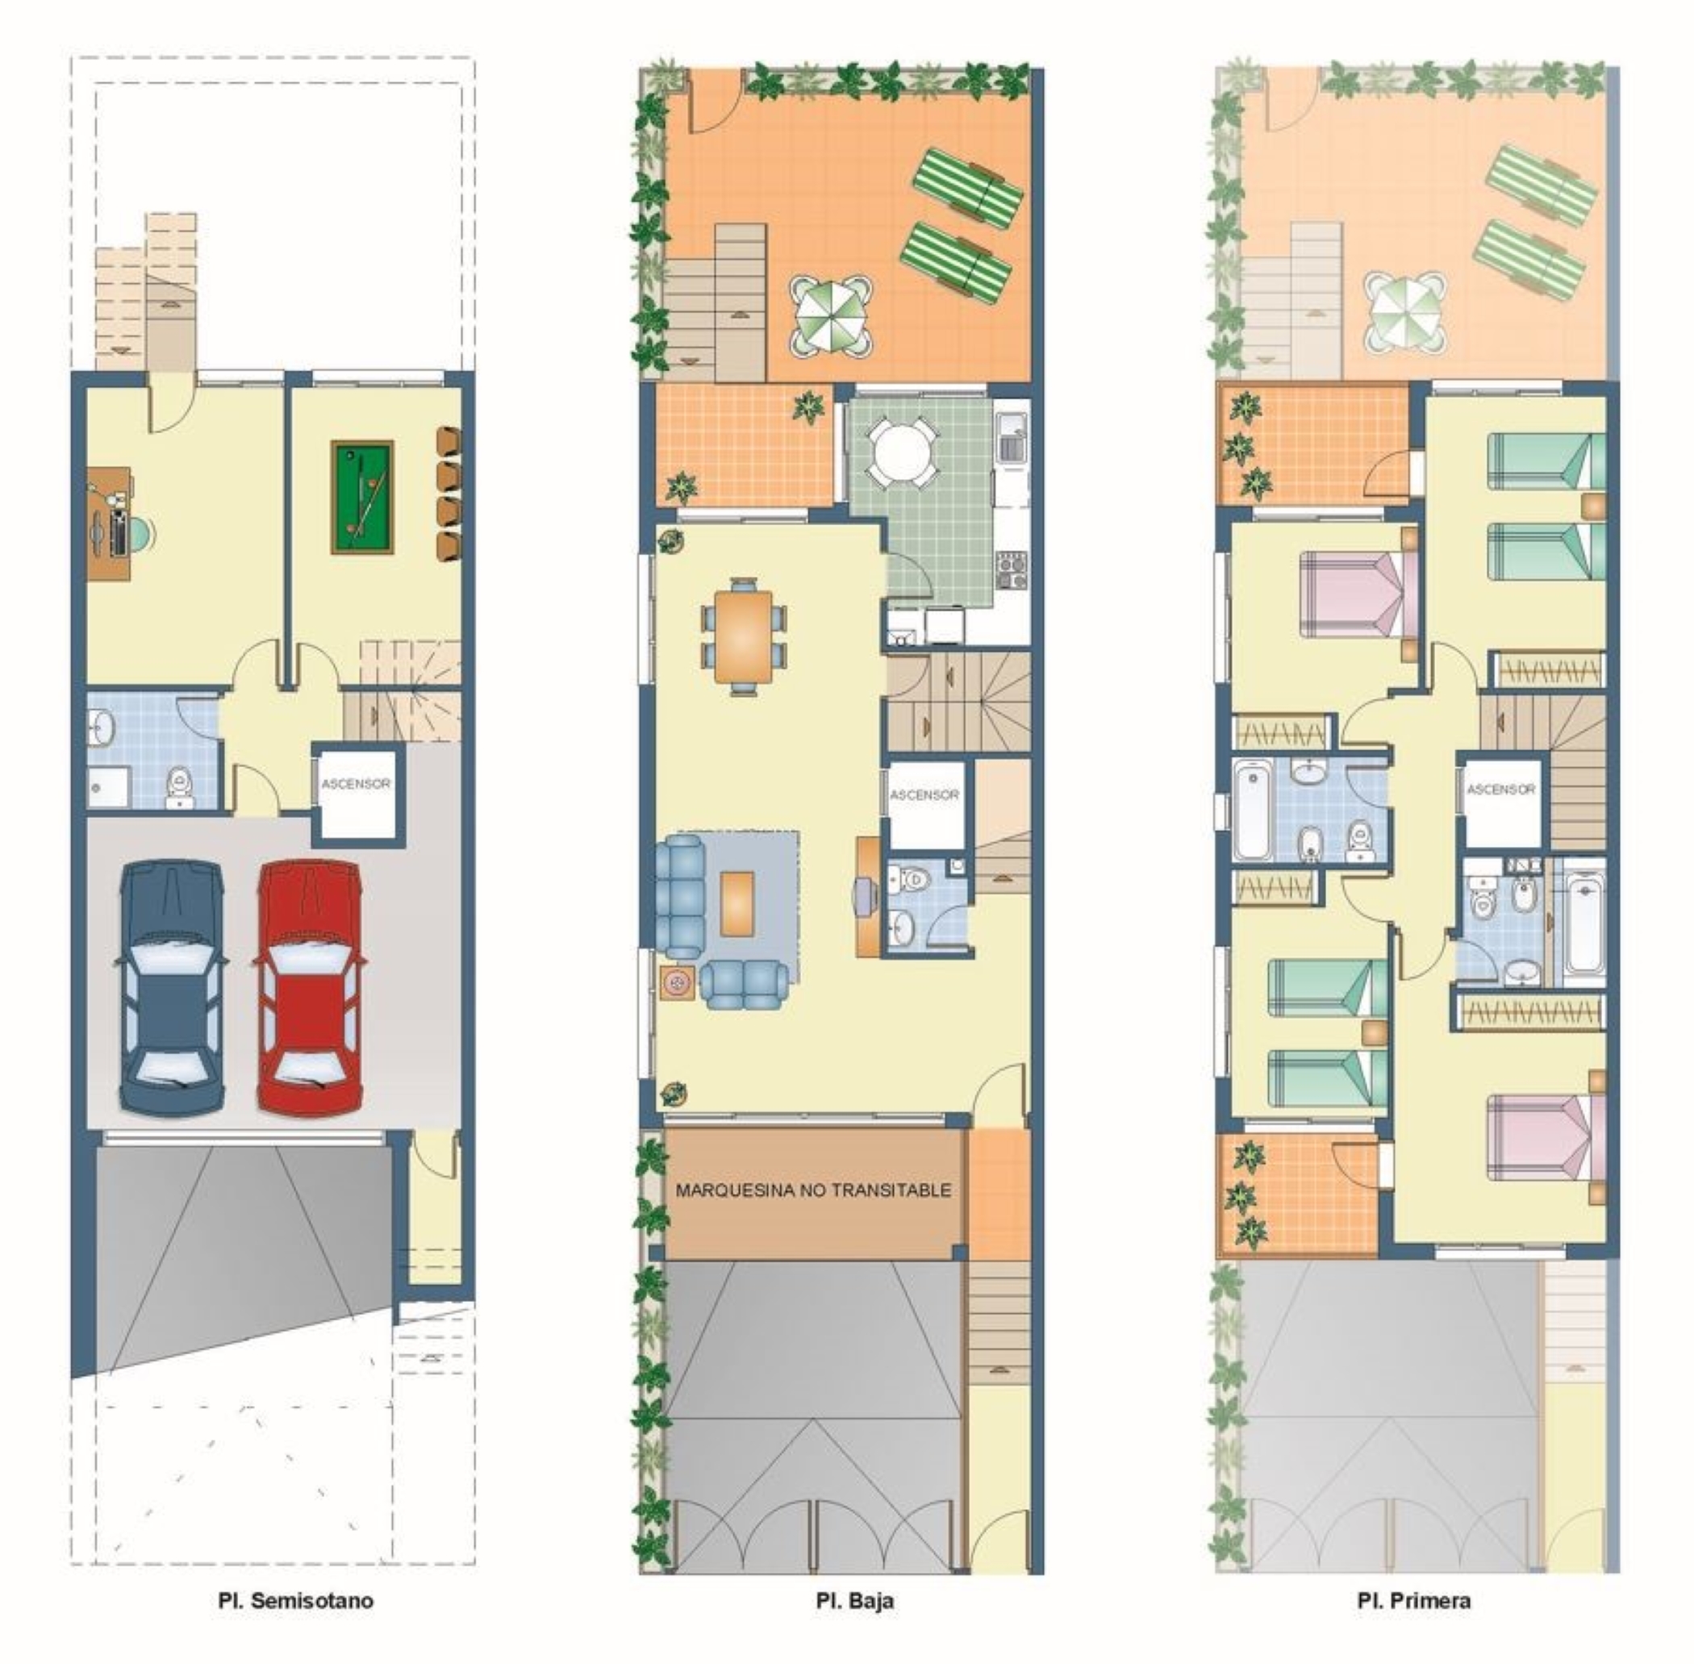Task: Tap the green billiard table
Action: [363, 496]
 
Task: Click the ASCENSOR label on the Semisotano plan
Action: [356, 784]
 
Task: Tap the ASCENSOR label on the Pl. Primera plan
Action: [1501, 789]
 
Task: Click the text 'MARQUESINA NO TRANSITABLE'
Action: [813, 1191]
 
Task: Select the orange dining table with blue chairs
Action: [744, 636]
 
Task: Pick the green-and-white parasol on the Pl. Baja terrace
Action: [832, 315]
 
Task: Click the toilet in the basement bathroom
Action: [180, 786]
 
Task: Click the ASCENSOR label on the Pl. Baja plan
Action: [924, 794]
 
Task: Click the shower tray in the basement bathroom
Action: [109, 786]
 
